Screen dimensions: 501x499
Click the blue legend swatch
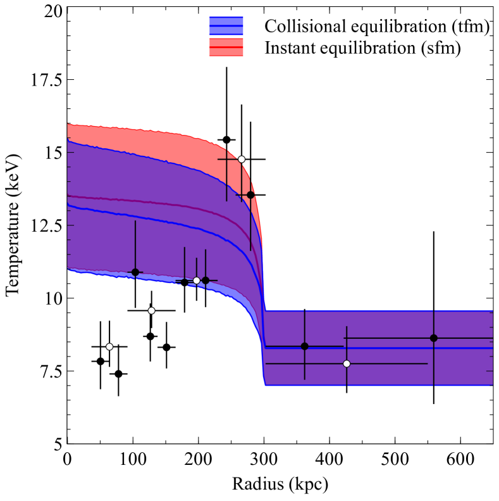click(226, 25)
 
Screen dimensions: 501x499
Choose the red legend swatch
click(226, 47)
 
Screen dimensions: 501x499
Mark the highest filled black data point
click(226, 139)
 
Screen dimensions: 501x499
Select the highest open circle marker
click(242, 159)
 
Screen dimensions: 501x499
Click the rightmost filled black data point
click(434, 338)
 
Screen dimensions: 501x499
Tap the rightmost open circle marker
click(347, 364)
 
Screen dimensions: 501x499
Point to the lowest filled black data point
click(118, 374)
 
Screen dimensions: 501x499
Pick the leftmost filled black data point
click(100, 361)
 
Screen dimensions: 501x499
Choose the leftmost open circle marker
click(109, 346)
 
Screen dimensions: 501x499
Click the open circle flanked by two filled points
click(197, 280)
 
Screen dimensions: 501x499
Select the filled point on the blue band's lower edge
click(135, 272)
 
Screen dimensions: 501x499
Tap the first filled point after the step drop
click(305, 346)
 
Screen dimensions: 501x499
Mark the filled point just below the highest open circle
click(250, 194)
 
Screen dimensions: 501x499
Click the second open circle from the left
click(151, 310)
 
